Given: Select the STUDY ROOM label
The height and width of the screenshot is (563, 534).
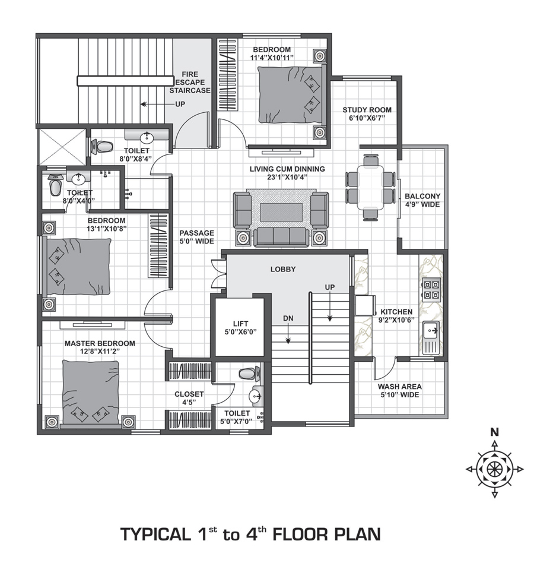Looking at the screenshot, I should [x=367, y=113].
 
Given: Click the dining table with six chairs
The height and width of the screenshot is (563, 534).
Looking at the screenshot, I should [x=371, y=186].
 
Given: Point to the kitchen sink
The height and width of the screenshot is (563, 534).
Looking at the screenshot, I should [x=431, y=330].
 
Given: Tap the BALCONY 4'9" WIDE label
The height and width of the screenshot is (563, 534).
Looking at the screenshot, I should [x=422, y=200].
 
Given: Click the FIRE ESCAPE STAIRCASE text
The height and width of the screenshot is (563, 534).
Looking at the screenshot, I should [x=190, y=83].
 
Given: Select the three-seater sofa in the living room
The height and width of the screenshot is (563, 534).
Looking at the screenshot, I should [x=281, y=236].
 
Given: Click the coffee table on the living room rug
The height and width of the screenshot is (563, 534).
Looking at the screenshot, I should [x=281, y=211].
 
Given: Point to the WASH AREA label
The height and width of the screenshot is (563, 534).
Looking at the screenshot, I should [x=399, y=390].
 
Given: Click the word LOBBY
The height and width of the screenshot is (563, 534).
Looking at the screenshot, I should [x=283, y=269].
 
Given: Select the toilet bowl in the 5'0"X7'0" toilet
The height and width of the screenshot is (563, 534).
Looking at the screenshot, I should [x=247, y=374].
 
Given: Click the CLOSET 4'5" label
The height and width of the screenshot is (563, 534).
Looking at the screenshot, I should [x=189, y=398].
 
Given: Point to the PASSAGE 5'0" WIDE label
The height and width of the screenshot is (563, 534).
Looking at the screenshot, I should [x=196, y=237].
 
